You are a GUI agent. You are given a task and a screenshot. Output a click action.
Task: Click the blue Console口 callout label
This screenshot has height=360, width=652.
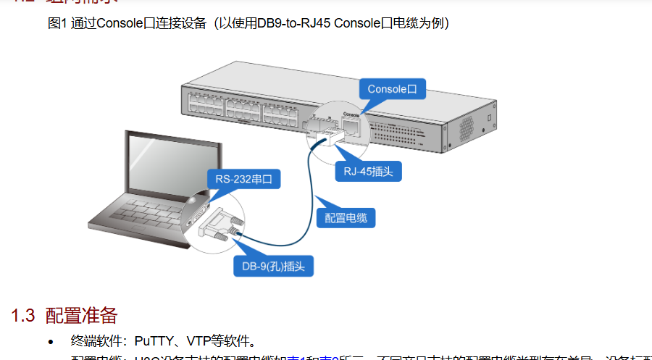coord(392,89)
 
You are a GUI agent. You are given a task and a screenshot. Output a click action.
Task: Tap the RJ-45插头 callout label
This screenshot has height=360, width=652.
coord(368,172)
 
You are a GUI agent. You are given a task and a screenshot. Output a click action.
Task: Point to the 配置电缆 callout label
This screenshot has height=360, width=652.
coord(346,217)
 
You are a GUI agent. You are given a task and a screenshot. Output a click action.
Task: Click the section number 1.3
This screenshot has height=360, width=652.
coord(22,316)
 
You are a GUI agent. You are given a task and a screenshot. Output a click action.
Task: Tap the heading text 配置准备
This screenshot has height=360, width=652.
coord(81,316)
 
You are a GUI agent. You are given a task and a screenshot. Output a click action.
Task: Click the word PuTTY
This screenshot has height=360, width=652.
coord(153,340)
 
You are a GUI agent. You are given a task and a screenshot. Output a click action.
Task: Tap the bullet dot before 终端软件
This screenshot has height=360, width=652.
coord(50,341)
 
